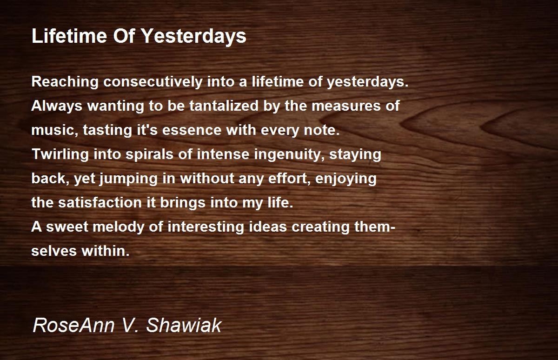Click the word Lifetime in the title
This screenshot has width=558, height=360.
(69, 36)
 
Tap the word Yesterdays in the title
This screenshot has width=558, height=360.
(194, 36)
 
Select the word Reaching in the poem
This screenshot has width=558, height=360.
(65, 82)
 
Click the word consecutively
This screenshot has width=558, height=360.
(153, 82)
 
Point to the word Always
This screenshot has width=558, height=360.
(57, 106)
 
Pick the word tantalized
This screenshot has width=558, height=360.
(224, 106)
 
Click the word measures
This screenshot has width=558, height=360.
(346, 106)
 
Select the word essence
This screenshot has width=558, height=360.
(192, 130)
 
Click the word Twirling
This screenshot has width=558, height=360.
(60, 154)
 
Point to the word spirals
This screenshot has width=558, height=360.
(149, 154)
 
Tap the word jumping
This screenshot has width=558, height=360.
(128, 179)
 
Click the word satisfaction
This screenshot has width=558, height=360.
(100, 202)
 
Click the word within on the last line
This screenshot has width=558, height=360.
(106, 251)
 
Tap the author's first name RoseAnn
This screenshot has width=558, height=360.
(73, 325)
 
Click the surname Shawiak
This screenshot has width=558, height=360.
(184, 325)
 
